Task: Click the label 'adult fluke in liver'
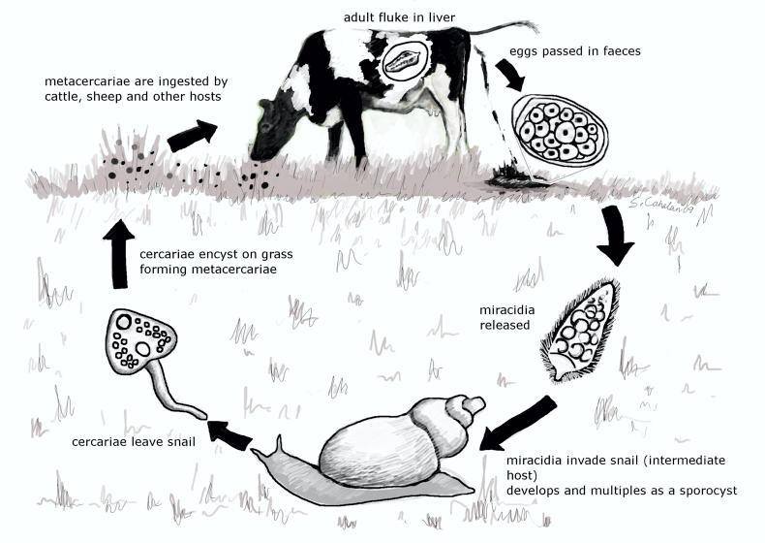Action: tap(399, 17)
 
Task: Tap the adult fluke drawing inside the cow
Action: tap(402, 61)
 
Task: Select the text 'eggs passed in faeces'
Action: tap(575, 51)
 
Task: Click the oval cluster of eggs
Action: tap(560, 130)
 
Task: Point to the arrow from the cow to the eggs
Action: tap(510, 75)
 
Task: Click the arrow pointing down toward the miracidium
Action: tap(616, 237)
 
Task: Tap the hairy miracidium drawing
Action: tap(582, 331)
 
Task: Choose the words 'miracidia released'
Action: tap(506, 318)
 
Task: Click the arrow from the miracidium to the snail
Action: tap(517, 424)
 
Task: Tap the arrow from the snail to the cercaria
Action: tap(229, 434)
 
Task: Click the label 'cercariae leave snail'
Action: tap(134, 442)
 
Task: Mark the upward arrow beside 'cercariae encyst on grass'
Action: tap(118, 254)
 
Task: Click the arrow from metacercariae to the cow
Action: tap(192, 136)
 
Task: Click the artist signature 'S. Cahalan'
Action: tap(660, 205)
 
